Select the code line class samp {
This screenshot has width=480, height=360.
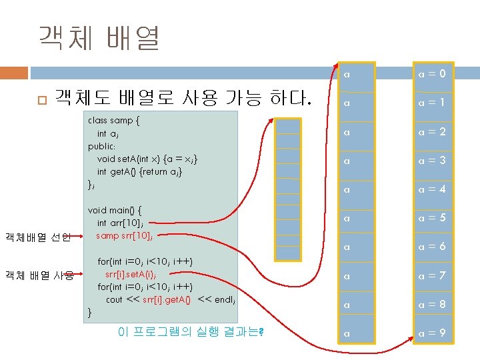click(114, 121)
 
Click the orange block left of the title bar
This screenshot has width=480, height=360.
click(14, 72)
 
